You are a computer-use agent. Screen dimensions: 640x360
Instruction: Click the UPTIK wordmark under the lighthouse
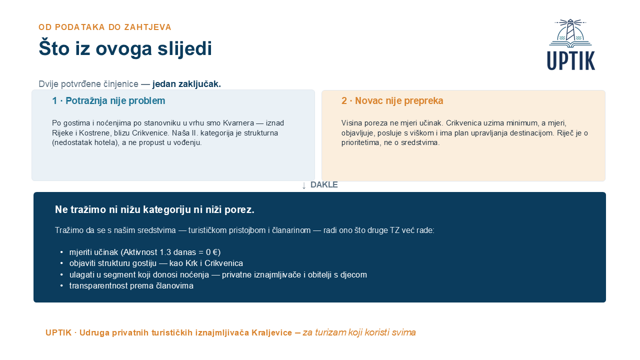[571, 60]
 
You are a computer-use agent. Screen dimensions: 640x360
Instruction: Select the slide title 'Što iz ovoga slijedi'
[125, 48]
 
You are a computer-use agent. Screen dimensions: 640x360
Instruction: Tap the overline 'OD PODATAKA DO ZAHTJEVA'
[105, 27]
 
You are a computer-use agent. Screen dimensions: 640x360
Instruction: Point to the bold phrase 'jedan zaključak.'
[186, 84]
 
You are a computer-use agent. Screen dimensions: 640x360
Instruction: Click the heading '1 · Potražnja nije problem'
[108, 101]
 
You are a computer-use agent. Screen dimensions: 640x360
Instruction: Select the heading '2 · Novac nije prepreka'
[392, 101]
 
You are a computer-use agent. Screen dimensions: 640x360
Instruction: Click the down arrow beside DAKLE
[304, 185]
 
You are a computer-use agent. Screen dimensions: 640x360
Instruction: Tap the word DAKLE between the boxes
[324, 185]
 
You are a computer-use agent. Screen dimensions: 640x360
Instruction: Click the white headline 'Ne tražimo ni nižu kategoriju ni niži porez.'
[154, 209]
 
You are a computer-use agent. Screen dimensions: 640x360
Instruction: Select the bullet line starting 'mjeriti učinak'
[145, 252]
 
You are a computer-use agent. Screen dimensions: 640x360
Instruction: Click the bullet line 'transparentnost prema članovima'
[131, 285]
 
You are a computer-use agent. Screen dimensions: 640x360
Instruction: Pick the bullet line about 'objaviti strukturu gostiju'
[156, 263]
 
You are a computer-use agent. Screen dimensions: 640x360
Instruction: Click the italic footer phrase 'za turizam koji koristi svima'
[359, 332]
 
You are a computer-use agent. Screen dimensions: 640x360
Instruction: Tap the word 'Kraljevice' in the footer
[271, 332]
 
